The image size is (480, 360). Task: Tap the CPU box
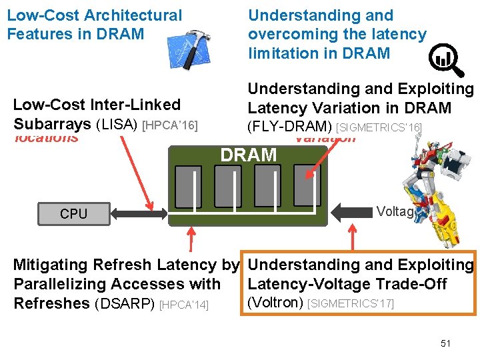[73, 213]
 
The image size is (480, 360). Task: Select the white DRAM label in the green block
[248, 155]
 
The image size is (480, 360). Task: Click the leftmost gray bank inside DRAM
[188, 186]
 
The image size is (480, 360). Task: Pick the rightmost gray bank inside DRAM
[305, 186]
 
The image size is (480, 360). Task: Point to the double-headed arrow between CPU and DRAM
[140, 213]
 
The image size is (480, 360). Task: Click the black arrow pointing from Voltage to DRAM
[350, 213]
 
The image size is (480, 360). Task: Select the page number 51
[445, 343]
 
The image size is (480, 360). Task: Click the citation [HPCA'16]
[171, 125]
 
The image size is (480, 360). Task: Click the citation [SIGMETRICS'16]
[379, 127]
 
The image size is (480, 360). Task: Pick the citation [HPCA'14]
[185, 305]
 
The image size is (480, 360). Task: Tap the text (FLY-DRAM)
[289, 127]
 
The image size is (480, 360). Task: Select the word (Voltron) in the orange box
[275, 303]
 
